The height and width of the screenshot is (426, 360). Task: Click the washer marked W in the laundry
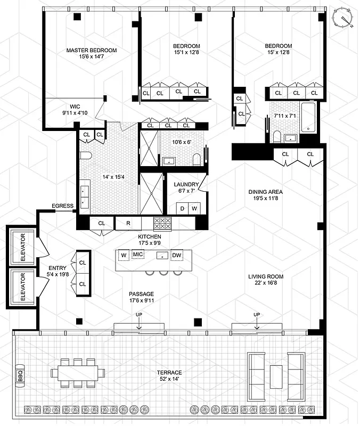point(194,208)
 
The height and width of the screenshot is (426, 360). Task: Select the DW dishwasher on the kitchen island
point(177,256)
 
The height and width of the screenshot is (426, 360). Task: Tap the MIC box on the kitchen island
point(139,255)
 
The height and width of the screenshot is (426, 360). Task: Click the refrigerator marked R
point(129,223)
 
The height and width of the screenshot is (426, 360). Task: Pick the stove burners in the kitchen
point(161,223)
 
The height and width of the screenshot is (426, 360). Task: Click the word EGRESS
point(62,206)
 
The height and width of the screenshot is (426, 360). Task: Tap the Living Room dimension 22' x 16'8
point(265,280)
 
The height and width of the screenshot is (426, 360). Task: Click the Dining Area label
point(265,195)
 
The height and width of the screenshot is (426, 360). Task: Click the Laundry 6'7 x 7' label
point(186,187)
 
